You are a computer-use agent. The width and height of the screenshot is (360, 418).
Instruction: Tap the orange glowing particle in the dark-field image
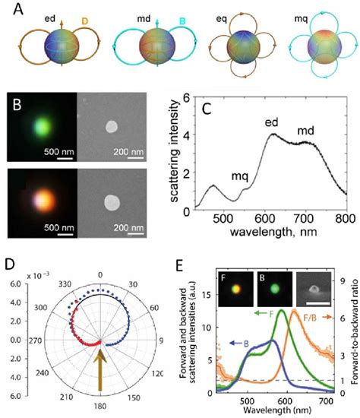pos(47,201)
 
